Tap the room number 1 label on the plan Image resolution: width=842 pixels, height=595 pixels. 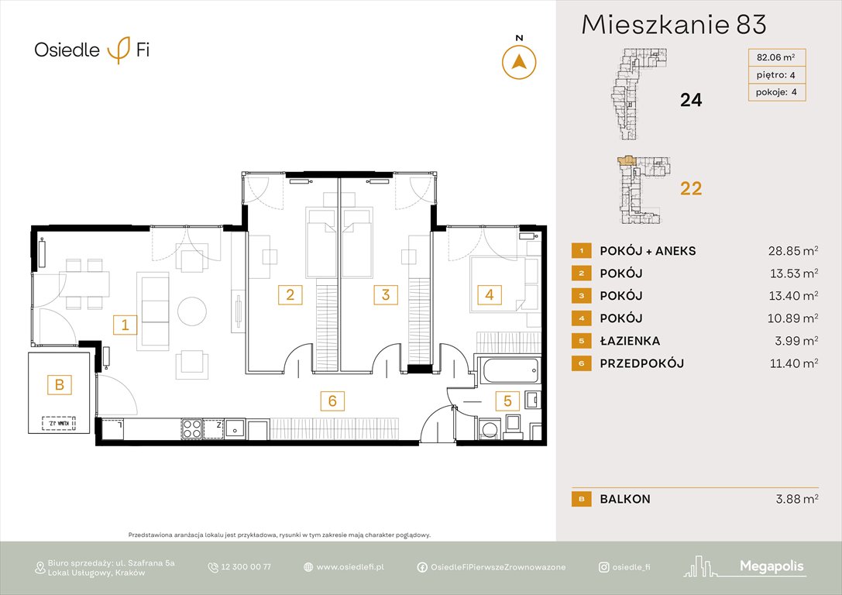124,325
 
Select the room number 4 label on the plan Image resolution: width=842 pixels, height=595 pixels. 488,294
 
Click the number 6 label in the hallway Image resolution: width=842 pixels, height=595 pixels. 332,401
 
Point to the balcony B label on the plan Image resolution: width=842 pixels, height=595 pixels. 58,383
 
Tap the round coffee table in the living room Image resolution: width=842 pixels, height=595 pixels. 192,311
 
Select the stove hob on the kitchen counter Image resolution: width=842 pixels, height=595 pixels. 192,428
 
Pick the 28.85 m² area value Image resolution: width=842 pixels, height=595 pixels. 789,251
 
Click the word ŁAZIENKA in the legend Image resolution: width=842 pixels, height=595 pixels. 631,341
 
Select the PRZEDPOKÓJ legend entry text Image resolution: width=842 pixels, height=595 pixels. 641,363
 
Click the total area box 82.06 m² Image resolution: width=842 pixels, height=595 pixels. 775,57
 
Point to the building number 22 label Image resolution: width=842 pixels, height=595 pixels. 690,188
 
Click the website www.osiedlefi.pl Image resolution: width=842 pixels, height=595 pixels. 350,567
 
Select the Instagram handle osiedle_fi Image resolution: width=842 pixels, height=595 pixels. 631,567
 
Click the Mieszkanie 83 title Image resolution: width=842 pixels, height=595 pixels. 673,25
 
